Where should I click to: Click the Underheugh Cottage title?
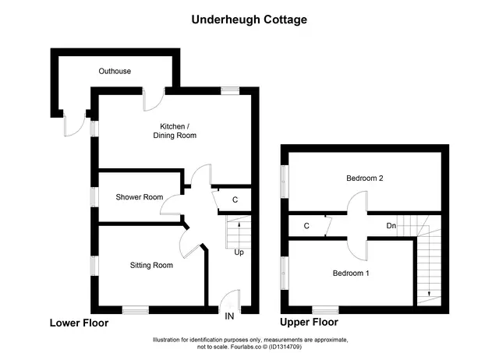coord(249,19)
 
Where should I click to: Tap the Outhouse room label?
coord(115,71)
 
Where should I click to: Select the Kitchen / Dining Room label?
coord(175,131)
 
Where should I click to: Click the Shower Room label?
coord(140,197)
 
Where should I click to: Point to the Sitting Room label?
coord(151,265)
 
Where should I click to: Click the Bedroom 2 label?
coord(365,178)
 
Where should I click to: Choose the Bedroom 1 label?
coord(351,274)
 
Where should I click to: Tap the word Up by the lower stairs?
coord(239,252)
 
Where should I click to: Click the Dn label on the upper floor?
coord(391,226)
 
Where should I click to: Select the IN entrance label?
coord(229,316)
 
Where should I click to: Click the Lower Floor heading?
coord(80,323)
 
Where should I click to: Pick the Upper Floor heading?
coord(309,322)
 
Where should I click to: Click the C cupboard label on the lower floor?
coord(235,199)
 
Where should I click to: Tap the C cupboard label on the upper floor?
coord(306,226)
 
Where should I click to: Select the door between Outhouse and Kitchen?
coord(154,101)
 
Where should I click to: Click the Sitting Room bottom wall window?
coord(136,310)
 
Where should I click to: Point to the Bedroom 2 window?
coord(285,182)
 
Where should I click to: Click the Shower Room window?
coord(94,197)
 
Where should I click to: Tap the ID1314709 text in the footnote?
coord(285,347)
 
